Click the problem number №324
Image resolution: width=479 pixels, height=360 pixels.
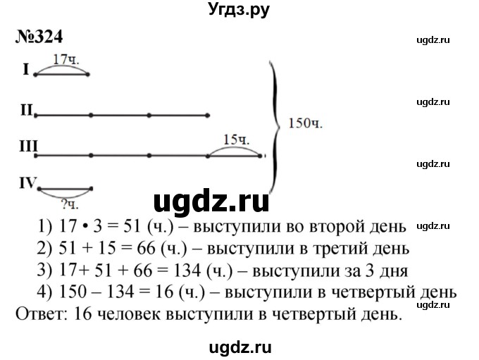point(39,37)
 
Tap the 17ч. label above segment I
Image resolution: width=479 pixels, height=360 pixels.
point(66,59)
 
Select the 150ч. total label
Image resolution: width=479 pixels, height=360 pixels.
point(305,123)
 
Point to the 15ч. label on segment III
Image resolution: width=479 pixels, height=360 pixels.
point(237,139)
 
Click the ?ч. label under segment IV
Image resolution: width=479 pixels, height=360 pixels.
point(70,204)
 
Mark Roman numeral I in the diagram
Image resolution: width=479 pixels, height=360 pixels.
point(26,70)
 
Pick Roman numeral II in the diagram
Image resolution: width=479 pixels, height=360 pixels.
point(27,110)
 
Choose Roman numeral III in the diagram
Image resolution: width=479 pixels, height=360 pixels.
point(28,146)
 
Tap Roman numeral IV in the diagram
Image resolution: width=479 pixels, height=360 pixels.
point(27,182)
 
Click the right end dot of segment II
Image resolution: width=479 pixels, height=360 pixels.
point(207,116)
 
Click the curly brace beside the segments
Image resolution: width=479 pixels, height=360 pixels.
point(275,127)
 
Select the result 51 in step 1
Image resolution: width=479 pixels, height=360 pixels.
point(132,227)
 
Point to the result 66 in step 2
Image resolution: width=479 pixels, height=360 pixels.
point(146,249)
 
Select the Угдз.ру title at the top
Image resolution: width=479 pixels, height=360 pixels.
point(239,10)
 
